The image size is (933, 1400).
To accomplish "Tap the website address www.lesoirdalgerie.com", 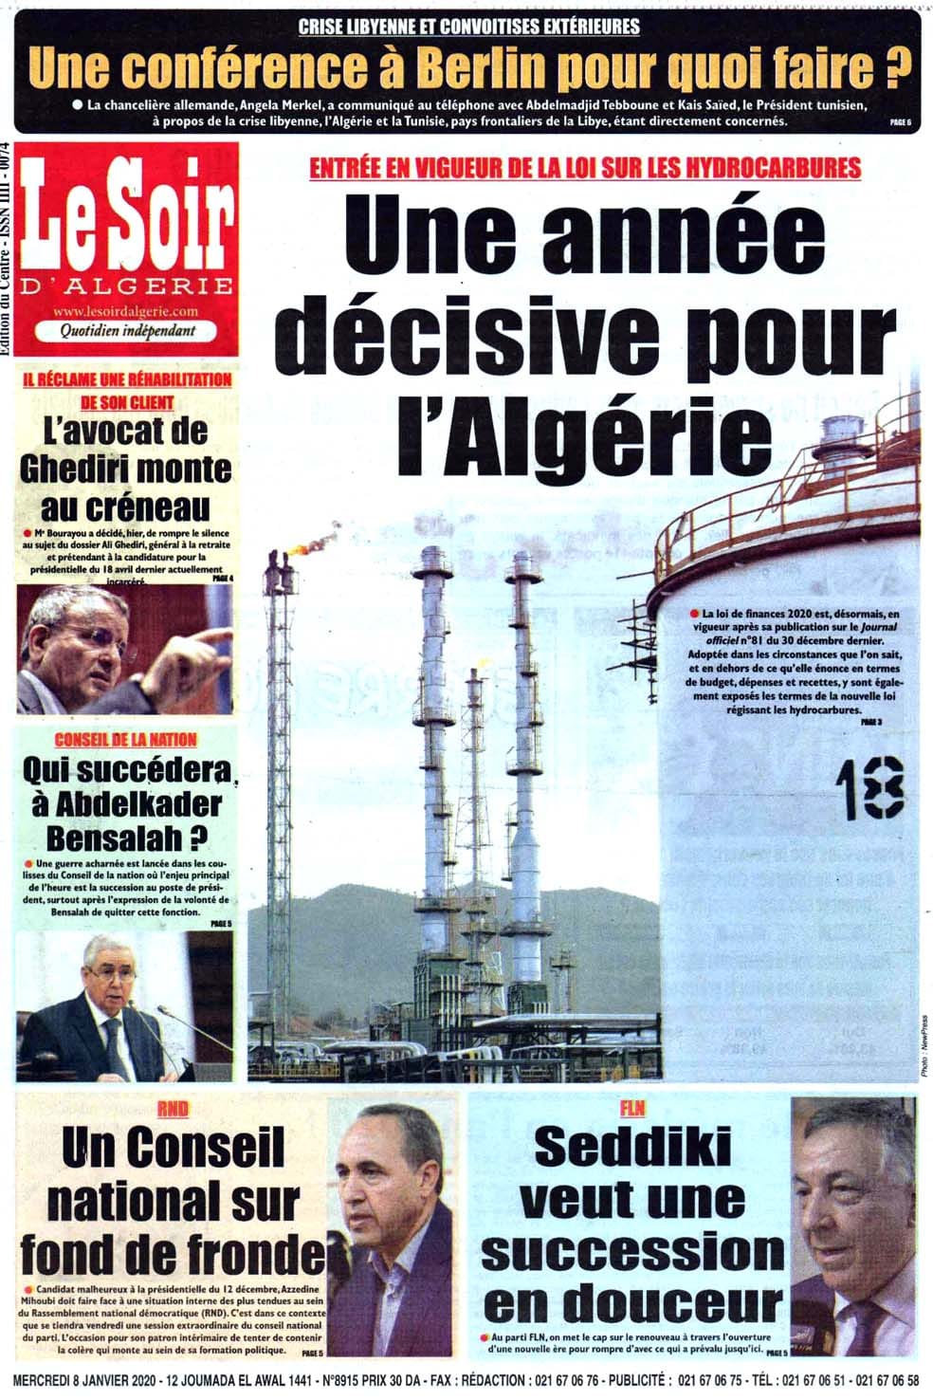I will tap(126, 311).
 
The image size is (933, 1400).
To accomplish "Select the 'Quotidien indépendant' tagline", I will tap(127, 330).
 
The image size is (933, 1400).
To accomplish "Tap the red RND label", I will tap(173, 1108).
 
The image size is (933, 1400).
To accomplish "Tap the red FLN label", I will tap(632, 1108).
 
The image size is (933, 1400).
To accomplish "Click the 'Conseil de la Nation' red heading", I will tap(126, 739).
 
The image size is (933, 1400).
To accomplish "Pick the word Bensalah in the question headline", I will tap(114, 838).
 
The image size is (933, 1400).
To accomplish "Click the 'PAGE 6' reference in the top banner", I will tap(900, 121).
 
